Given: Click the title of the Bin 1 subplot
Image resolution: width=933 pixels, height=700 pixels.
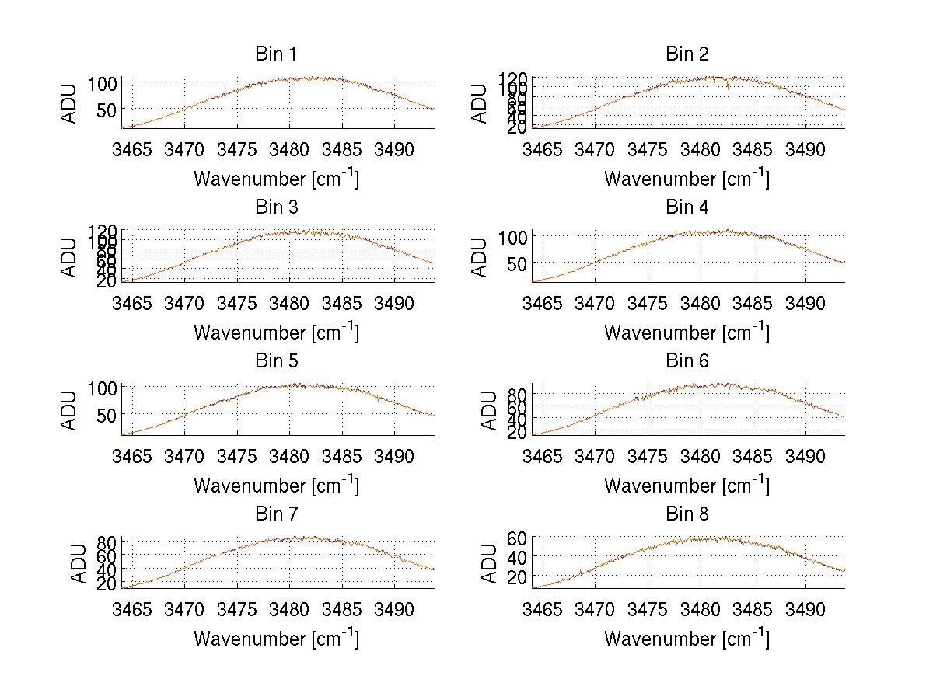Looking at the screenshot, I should [276, 54].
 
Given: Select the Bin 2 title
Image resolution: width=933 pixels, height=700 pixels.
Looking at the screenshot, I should [687, 54].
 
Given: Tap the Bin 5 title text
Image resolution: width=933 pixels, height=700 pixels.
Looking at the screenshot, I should [276, 361].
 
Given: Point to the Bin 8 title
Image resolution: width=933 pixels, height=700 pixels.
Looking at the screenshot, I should [687, 514].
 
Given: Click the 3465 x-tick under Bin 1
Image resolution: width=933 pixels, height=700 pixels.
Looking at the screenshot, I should [132, 149].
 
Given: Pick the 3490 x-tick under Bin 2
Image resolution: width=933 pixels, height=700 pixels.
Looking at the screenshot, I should [805, 149].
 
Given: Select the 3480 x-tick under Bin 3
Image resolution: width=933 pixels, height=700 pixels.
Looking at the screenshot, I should [290, 302].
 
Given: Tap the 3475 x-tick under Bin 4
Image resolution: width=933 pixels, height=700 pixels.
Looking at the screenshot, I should [648, 302].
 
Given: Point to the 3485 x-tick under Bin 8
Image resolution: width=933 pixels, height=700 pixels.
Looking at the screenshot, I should [753, 609].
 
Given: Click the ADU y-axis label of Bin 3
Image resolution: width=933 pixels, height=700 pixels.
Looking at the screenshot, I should [70, 257].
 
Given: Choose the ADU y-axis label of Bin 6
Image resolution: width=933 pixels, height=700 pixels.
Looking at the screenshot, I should [489, 410].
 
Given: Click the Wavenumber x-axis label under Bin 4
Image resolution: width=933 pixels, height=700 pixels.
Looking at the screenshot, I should [687, 332].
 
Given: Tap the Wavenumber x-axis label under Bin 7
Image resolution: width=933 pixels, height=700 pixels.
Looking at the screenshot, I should [276, 638].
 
